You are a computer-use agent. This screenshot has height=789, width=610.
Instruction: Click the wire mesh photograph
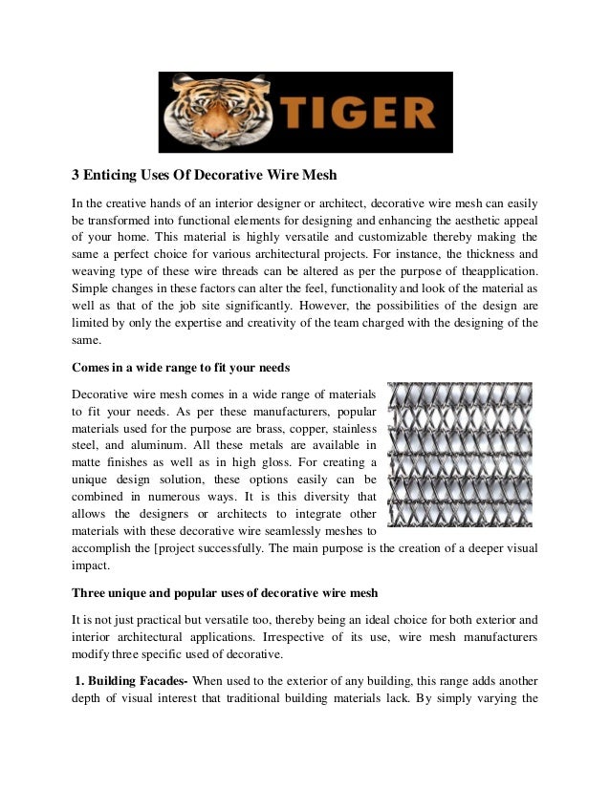[458, 454]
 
